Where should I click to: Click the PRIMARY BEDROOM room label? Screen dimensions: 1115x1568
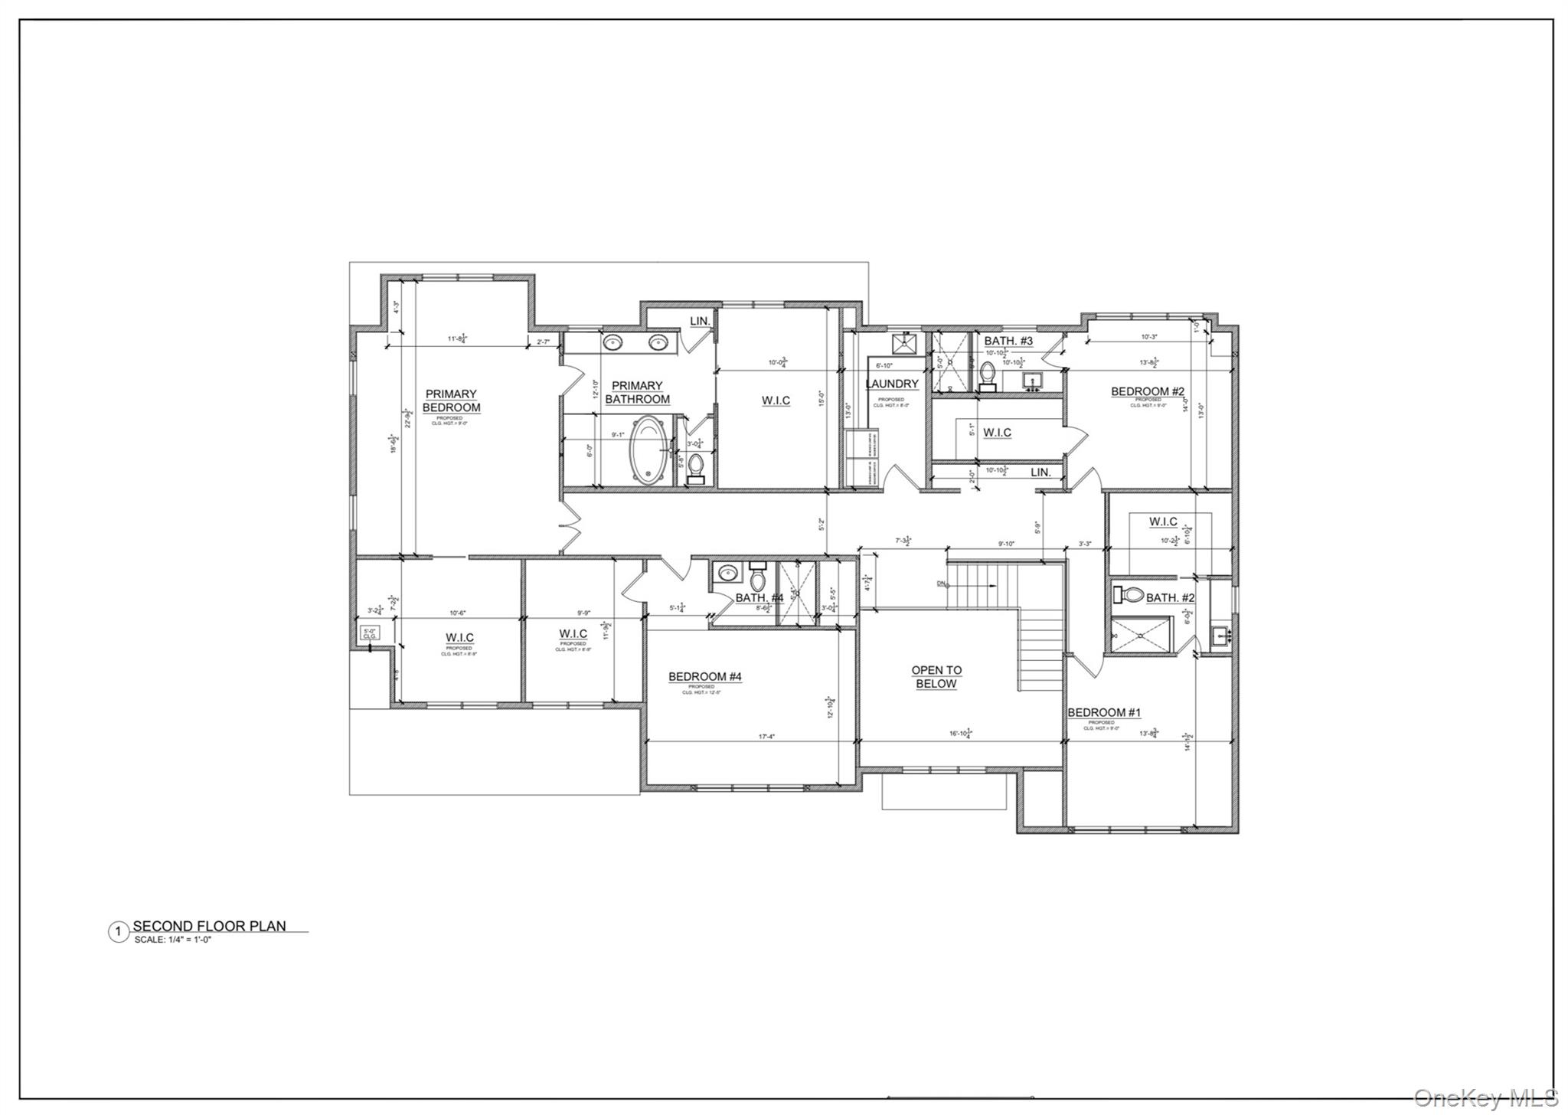(451, 401)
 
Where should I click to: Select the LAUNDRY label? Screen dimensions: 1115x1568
(892, 384)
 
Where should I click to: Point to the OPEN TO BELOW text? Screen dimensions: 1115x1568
(936, 677)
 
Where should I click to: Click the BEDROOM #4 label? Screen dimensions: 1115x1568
(704, 676)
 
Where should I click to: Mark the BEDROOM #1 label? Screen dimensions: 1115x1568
(1103, 712)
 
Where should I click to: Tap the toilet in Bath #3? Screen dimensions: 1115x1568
(988, 376)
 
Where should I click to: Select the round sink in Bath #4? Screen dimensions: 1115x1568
(726, 572)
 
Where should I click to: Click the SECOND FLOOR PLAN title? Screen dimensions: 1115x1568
(209, 926)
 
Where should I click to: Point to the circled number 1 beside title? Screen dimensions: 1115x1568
(118, 932)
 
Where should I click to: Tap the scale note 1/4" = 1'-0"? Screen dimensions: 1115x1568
(172, 939)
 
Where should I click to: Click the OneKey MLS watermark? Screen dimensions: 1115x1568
(1485, 1097)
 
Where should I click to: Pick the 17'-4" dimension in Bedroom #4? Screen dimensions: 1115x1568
(766, 737)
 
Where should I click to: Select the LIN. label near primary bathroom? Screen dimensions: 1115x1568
(700, 321)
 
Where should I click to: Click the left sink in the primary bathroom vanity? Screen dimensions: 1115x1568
(612, 342)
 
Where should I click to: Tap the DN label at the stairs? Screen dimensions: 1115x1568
(941, 584)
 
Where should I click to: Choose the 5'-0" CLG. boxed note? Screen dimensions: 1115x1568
(370, 633)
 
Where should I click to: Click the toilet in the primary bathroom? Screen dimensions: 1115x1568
(696, 466)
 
